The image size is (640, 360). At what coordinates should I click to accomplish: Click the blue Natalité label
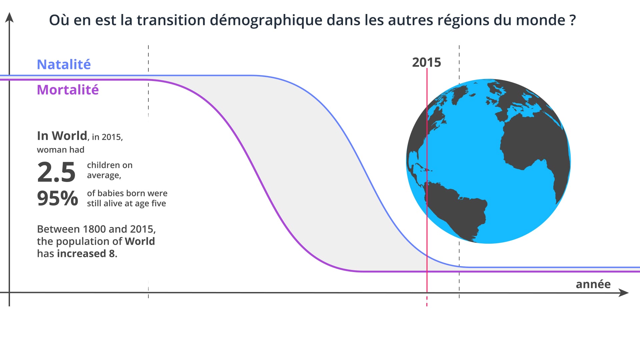(64, 64)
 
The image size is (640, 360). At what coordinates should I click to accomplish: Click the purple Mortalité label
(68, 90)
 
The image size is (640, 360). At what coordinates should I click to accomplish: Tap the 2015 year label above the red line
(426, 62)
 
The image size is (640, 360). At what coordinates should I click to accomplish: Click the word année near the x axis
(593, 284)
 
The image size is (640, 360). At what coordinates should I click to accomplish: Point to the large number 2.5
(56, 172)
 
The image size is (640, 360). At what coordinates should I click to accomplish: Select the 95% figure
(57, 198)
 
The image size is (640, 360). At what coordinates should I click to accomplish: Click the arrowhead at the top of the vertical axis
(10, 17)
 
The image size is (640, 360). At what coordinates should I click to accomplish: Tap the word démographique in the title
(266, 20)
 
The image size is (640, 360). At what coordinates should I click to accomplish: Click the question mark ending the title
(573, 20)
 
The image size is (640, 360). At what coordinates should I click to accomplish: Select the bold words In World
(62, 136)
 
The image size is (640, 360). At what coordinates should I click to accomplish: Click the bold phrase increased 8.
(87, 254)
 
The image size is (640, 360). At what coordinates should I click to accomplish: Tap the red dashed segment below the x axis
(427, 301)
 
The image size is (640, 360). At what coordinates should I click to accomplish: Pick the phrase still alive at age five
(126, 203)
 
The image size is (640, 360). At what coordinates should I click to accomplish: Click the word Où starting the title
(59, 20)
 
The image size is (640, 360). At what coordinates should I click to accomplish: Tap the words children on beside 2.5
(110, 165)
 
